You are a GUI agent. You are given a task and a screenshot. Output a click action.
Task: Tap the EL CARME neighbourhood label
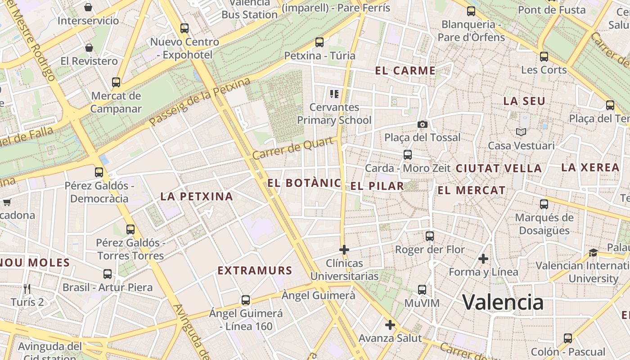click(x=405, y=71)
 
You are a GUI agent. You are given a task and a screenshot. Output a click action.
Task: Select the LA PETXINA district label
click(x=197, y=196)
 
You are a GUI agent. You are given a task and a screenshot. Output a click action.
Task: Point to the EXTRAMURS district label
click(x=255, y=270)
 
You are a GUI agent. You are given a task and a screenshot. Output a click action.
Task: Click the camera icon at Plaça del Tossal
click(x=422, y=124)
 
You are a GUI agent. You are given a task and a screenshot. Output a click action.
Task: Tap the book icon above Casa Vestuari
click(x=521, y=132)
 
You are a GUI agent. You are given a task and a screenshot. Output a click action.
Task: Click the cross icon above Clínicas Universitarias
click(x=344, y=249)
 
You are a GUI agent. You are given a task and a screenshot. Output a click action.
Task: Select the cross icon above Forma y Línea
click(x=483, y=259)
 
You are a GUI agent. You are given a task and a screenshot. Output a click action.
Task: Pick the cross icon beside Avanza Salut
click(x=390, y=325)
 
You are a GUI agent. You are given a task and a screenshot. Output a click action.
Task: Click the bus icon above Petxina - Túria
click(x=319, y=42)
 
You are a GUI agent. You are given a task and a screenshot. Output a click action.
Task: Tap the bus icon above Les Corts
click(x=544, y=57)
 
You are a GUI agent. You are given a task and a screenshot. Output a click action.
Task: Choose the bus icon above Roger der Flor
click(x=430, y=236)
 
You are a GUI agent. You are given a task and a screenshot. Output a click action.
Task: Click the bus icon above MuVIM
click(x=422, y=290)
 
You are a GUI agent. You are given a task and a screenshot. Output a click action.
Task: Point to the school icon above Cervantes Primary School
click(x=334, y=94)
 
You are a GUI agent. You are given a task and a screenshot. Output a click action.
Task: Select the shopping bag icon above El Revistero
click(x=89, y=48)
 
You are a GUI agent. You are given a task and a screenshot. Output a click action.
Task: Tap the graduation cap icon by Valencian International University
click(x=593, y=252)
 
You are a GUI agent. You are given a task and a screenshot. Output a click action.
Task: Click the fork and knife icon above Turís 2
click(x=27, y=288)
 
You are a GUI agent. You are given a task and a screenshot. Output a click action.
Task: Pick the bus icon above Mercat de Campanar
click(x=116, y=82)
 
